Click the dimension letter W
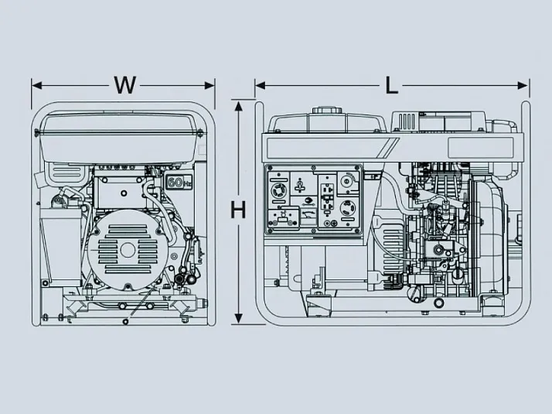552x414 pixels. tap(124, 84)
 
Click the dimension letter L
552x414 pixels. tap(392, 84)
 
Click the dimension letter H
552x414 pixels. tap(239, 209)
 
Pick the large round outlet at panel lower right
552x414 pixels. tap(349, 208)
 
